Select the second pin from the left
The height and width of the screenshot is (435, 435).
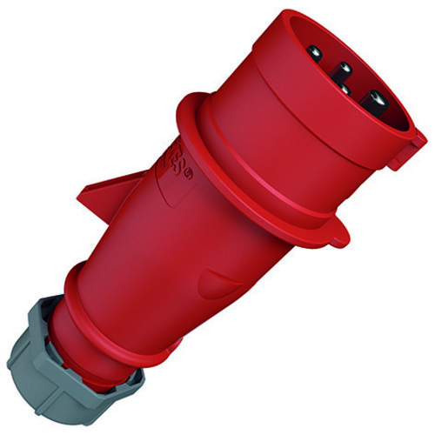click(345, 68)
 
